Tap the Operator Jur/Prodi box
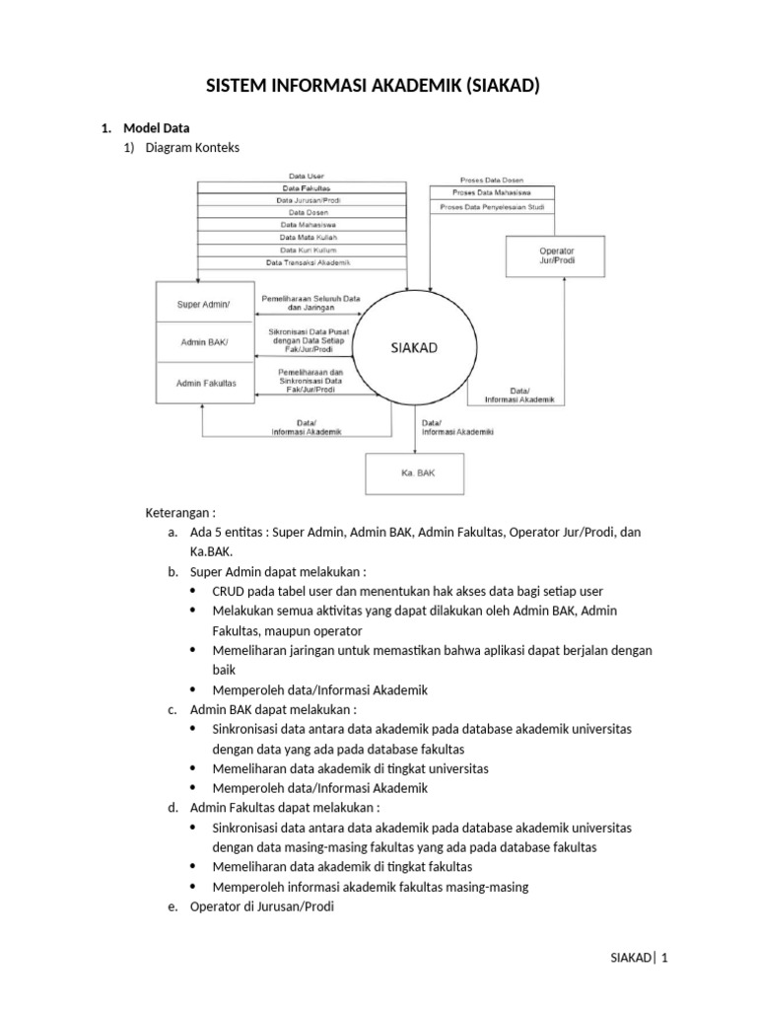557,256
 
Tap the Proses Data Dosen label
485,180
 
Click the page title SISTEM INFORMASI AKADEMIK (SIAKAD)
373,87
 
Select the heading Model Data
156,127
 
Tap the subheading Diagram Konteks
192,148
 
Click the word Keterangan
177,513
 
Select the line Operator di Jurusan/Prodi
262,906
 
